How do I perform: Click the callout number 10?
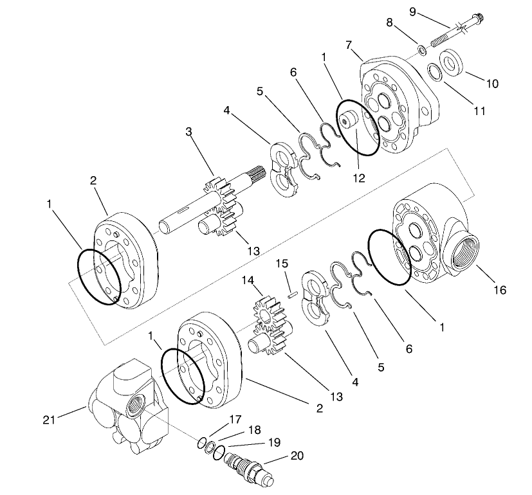pyautogui.click(x=493, y=84)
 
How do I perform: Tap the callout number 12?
pyautogui.click(x=358, y=179)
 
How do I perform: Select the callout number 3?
pyautogui.click(x=188, y=132)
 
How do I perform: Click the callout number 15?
pyautogui.click(x=280, y=264)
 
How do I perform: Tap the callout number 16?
pyautogui.click(x=499, y=291)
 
